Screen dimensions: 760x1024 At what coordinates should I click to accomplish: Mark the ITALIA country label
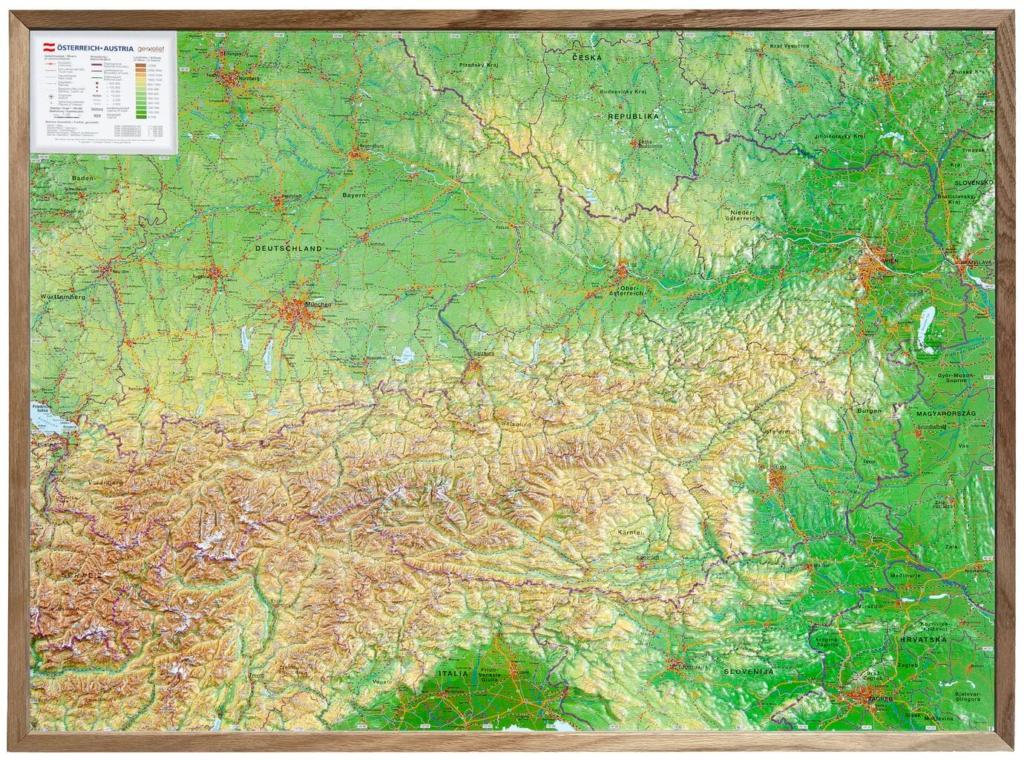(453, 673)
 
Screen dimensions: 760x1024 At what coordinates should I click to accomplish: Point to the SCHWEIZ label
(59, 575)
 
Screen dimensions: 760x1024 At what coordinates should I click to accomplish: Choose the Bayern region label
(354, 195)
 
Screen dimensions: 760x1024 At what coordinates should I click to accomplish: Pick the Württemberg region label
(61, 297)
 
